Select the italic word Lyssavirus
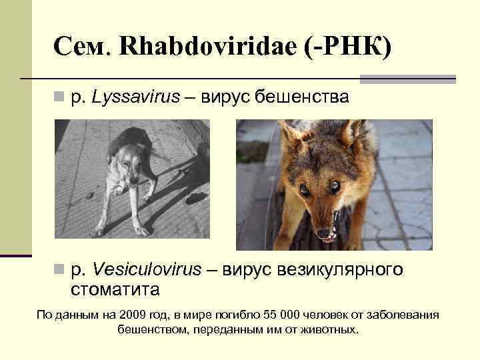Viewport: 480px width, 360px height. pos(136,97)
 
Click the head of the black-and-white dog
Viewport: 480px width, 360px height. pos(131,169)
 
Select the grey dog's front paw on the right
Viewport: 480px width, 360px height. pos(141,231)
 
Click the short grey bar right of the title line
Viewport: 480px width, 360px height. pos(407,79)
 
